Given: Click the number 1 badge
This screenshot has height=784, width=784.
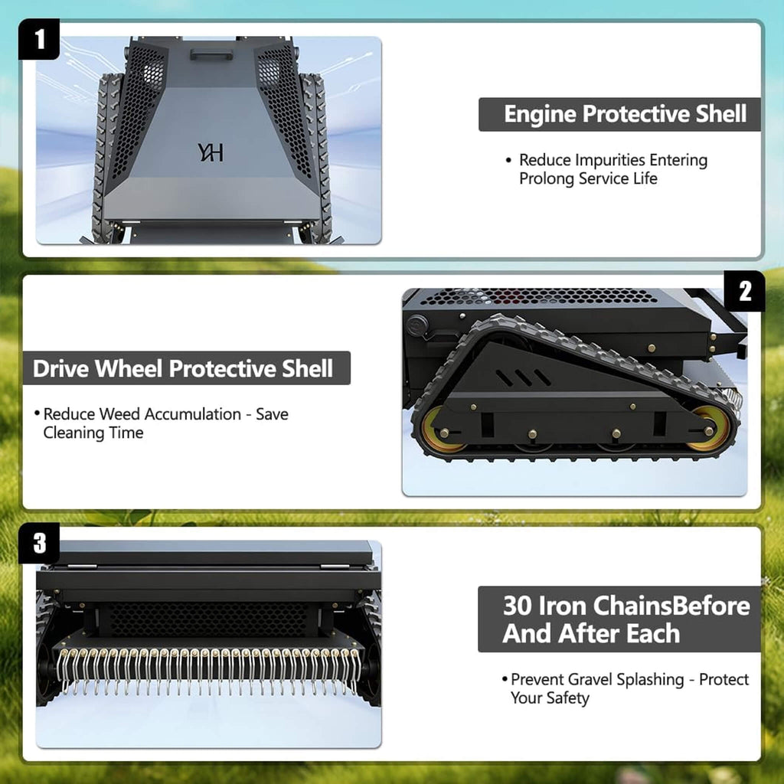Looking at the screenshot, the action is (39, 39).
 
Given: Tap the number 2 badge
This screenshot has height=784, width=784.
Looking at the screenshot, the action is (744, 291).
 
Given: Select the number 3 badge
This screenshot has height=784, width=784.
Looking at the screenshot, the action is (39, 543).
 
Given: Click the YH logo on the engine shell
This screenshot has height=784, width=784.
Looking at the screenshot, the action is (210, 152).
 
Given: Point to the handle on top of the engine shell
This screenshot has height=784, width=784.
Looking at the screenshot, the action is (211, 54).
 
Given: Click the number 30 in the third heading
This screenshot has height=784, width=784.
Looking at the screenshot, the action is (519, 606).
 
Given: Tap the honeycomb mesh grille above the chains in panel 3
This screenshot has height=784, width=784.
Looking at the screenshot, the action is (209, 619).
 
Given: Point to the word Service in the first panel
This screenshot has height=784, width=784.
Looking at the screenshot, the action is (604, 178).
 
